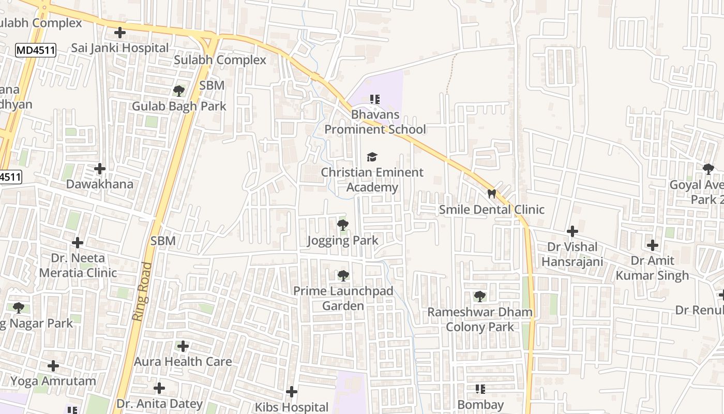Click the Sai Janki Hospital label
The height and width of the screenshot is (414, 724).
pos(120,48)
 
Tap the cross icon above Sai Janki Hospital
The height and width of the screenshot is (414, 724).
pos(120,33)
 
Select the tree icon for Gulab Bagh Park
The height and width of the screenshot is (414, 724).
pos(179,91)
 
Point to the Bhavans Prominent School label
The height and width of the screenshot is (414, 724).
pos(375,122)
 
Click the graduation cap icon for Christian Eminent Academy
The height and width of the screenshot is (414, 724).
pos(372,157)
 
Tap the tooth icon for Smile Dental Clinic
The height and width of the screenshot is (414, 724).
pos(491,194)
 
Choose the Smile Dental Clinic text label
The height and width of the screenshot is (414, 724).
pos(491,210)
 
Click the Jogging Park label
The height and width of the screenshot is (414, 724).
pos(342,241)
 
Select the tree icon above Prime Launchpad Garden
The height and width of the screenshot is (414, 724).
pos(343,276)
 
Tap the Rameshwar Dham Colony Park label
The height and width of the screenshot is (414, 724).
pos(480,319)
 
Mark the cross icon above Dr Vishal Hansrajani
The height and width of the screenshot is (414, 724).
pos(572,231)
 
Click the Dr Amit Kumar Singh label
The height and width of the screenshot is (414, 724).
pos(652,268)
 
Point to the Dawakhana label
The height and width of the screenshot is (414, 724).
pos(100,184)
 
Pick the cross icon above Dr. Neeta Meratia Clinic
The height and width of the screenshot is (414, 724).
pos(78,242)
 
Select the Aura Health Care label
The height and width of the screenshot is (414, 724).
pos(183,362)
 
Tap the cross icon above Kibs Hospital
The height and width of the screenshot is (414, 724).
pos(292,392)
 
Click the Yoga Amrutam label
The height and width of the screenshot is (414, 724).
pos(53,381)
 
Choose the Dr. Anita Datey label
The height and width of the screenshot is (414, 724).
pos(159,404)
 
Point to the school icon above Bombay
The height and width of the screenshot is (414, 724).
pos(480,389)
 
